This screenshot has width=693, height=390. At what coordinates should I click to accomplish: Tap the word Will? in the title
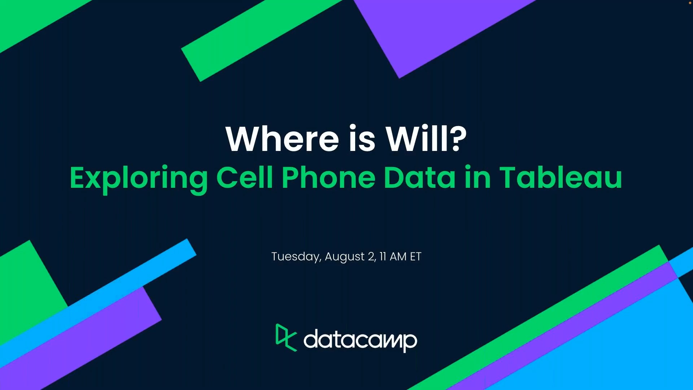pos(426,139)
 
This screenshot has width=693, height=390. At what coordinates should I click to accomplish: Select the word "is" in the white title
pos(362,139)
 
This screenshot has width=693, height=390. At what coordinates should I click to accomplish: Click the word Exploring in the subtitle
pos(139,178)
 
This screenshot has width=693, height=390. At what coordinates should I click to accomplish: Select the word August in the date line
pos(345,257)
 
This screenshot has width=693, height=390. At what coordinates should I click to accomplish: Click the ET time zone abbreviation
pos(416,256)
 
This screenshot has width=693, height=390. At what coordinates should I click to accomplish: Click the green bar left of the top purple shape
pos(260,40)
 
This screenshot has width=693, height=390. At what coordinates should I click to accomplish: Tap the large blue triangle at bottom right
pos(614,347)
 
